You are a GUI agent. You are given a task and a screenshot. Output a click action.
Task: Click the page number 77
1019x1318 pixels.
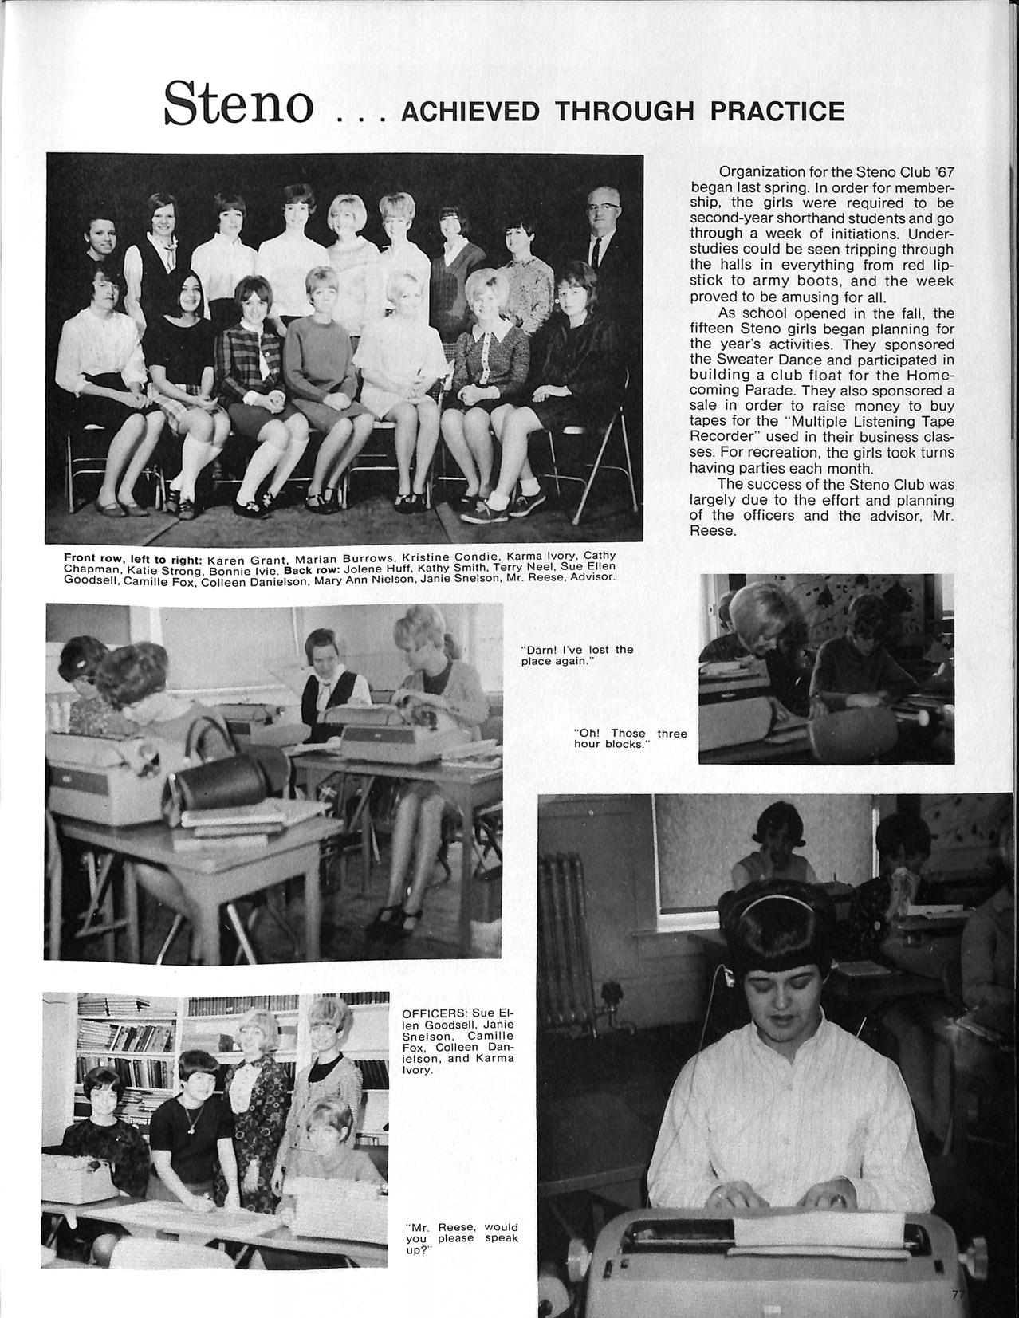[957, 1293]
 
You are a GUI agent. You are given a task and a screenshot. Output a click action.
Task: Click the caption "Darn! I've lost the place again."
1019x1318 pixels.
[576, 655]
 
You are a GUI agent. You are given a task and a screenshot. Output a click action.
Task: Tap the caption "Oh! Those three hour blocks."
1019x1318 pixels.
[629, 739]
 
